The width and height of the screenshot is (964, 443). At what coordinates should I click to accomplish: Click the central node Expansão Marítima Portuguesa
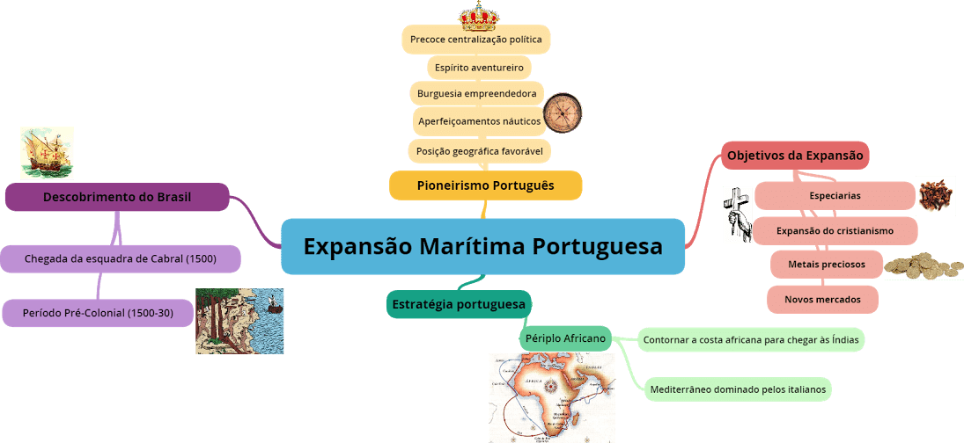[482, 246]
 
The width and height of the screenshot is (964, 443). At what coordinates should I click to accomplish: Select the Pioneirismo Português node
[486, 185]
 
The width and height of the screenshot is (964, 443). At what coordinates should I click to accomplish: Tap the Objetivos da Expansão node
[795, 156]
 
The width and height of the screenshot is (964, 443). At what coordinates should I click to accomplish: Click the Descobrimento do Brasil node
[117, 197]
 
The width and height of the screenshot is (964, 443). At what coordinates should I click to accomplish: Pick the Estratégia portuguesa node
[459, 304]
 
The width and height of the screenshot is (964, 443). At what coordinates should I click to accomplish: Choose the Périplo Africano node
[565, 338]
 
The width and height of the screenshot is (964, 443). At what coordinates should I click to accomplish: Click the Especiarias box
[835, 195]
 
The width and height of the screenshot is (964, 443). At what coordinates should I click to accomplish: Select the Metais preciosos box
[826, 264]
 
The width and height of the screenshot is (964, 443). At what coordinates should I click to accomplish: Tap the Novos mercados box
[822, 299]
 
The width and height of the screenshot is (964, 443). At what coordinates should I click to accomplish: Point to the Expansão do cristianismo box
[835, 230]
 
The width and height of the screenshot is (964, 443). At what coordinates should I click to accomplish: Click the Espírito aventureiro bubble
[479, 67]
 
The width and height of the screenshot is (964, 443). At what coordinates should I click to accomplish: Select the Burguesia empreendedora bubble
[477, 93]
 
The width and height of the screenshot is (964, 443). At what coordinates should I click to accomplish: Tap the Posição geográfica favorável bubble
[479, 150]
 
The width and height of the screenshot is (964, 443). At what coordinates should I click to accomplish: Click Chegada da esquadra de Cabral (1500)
[120, 259]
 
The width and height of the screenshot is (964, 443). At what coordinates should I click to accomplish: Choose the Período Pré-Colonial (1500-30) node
[97, 312]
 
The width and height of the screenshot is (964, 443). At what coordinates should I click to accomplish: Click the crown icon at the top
[479, 15]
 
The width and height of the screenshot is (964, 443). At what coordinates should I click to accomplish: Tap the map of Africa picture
[552, 397]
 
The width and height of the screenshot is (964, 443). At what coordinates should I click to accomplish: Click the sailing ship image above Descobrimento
[47, 152]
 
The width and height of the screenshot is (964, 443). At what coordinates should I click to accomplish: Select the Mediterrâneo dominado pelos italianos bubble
[738, 389]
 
